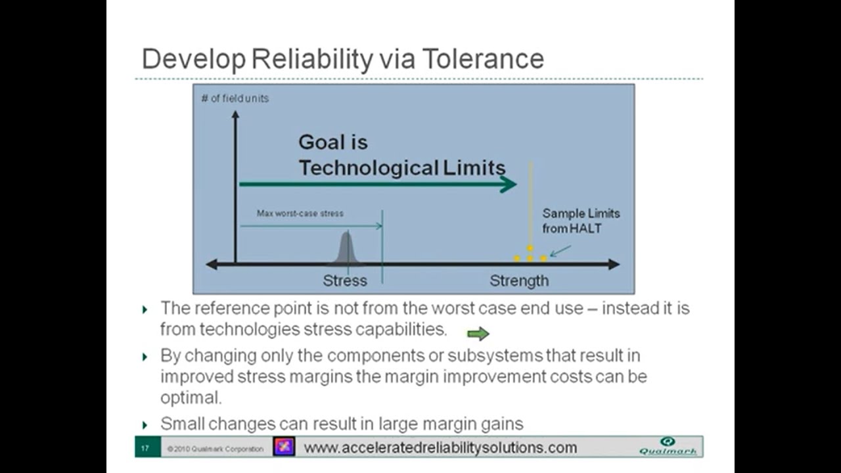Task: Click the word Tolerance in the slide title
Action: point(482,59)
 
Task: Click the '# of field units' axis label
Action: point(235,99)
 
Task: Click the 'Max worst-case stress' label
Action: point(300,214)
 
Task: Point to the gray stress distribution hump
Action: point(347,249)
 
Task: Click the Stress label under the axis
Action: point(345,281)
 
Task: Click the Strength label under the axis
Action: point(519,281)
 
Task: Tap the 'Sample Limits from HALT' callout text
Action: point(581,221)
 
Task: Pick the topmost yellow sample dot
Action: point(530,248)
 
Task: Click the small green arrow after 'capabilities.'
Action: point(478,334)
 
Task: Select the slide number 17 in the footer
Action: point(145,449)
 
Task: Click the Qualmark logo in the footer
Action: point(668,446)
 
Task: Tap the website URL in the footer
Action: point(440,448)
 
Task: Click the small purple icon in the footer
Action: point(284,447)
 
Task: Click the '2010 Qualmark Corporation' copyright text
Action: point(215,449)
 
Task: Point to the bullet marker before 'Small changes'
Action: point(145,425)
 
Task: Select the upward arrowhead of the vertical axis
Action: point(235,115)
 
